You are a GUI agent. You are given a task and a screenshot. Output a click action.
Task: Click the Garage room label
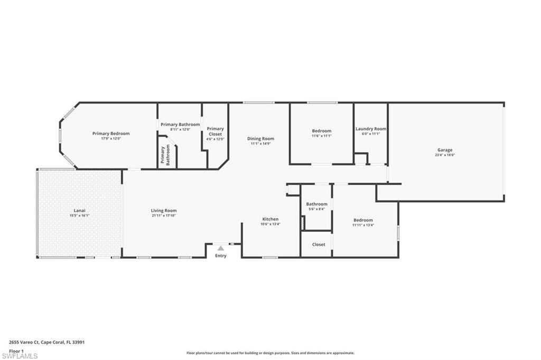coord(444,150)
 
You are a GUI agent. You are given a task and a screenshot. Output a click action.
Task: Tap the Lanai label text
coord(80,211)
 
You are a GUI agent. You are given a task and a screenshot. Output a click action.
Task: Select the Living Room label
coord(164,211)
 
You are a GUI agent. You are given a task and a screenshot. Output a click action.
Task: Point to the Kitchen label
coord(270,219)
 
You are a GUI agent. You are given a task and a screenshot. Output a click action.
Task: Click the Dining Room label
coord(261,139)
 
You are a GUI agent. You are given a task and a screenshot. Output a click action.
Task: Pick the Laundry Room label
coord(370,129)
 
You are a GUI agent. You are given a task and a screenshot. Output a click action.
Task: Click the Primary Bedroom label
coord(111,134)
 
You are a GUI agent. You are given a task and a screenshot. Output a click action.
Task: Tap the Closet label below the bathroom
coord(319,244)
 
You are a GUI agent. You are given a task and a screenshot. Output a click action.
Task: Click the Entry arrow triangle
coord(221,248)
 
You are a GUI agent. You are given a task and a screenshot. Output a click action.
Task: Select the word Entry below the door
coord(221,256)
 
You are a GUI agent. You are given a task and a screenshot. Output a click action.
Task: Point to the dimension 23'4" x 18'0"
coord(444,155)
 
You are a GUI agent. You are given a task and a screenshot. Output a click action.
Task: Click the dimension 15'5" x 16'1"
coord(80,215)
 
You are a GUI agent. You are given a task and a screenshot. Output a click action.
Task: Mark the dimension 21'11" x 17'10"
coord(164,215)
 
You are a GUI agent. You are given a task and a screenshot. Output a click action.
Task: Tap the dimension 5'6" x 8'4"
coord(317,209)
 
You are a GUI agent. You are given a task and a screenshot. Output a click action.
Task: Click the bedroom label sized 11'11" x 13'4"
coord(363,220)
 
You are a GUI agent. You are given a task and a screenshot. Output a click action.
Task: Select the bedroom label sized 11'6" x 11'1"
coord(321,131)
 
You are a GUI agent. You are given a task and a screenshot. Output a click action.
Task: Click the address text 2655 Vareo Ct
coord(25,342)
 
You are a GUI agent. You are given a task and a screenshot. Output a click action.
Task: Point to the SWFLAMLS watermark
coord(20,356)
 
